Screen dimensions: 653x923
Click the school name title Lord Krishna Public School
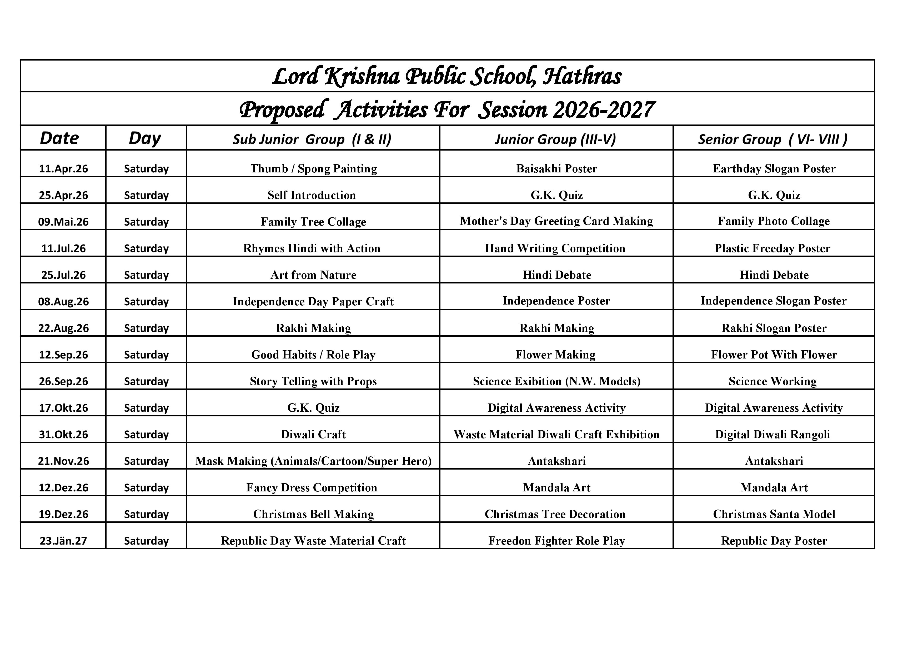click(447, 76)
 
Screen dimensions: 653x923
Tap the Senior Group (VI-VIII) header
click(773, 139)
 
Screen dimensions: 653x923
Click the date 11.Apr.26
click(63, 168)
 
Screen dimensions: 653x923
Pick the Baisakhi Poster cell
click(556, 168)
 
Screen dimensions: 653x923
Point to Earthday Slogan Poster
click(774, 168)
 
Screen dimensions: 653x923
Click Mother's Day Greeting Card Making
click(556, 221)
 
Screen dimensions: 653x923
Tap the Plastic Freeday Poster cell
click(772, 248)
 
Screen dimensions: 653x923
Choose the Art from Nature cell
click(313, 275)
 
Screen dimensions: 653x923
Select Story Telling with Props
click(313, 381)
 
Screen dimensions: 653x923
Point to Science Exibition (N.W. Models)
click(556, 381)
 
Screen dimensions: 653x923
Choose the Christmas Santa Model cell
click(774, 514)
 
